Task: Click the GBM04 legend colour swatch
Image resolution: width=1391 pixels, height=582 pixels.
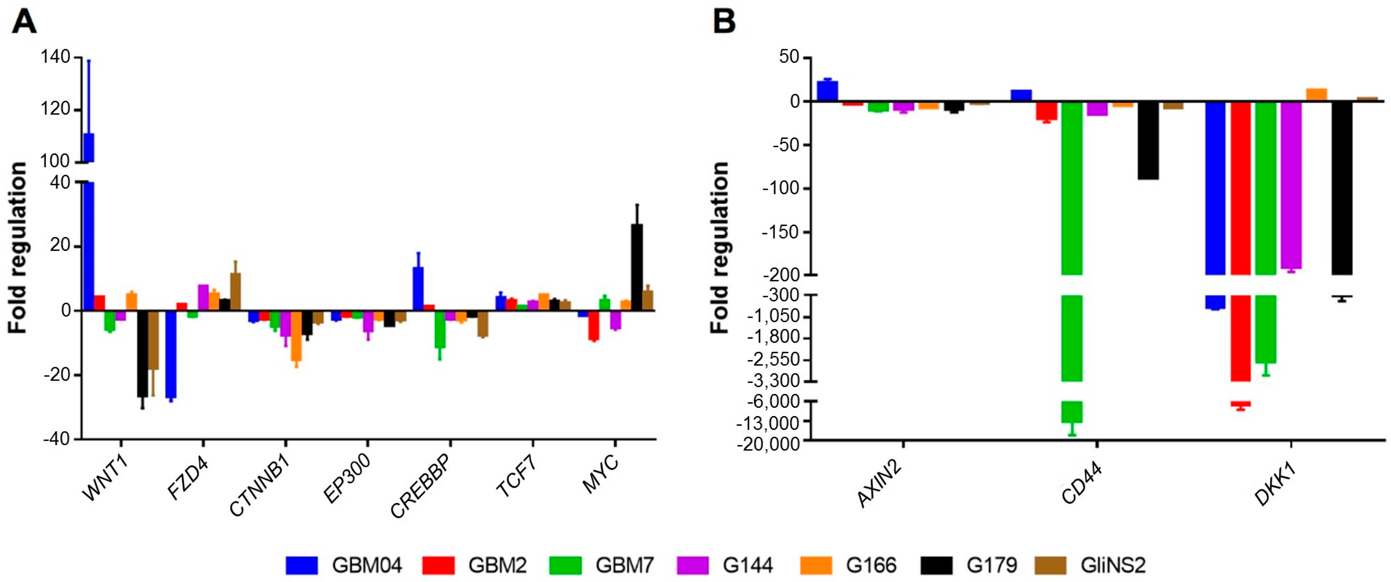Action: [x=301, y=565]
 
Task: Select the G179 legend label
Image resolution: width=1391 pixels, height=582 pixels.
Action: [x=991, y=565]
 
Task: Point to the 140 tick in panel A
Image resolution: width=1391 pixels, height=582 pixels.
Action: [x=55, y=57]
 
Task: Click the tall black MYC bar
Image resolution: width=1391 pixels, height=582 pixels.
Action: [x=637, y=267]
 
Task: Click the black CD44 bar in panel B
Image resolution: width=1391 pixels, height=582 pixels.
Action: [x=1148, y=140]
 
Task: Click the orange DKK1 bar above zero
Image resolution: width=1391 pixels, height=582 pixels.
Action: [x=1317, y=95]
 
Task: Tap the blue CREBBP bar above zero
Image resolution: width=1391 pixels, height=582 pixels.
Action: [x=418, y=288]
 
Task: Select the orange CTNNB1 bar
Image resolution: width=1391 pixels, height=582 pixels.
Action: [x=296, y=336]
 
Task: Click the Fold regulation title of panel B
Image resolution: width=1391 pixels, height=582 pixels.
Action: [x=720, y=247]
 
